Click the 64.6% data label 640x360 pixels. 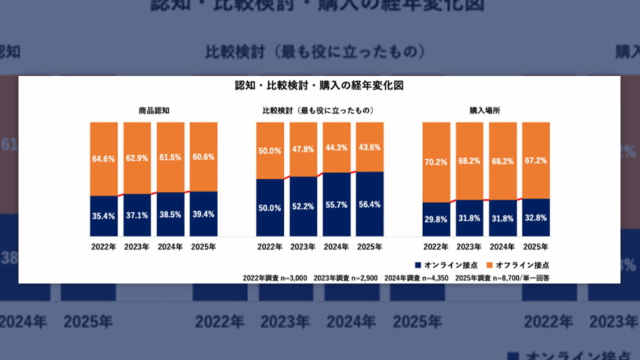[104, 159]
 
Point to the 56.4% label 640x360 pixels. [369, 204]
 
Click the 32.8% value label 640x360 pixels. [536, 218]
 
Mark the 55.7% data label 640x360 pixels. [336, 205]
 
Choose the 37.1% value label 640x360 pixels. [137, 216]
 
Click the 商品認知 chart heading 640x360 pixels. [154, 111]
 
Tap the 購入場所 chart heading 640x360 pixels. [486, 111]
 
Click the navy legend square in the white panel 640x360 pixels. [417, 264]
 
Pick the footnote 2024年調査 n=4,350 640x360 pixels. [416, 276]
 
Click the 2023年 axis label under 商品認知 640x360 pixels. [137, 247]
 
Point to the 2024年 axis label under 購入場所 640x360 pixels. [502, 247]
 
